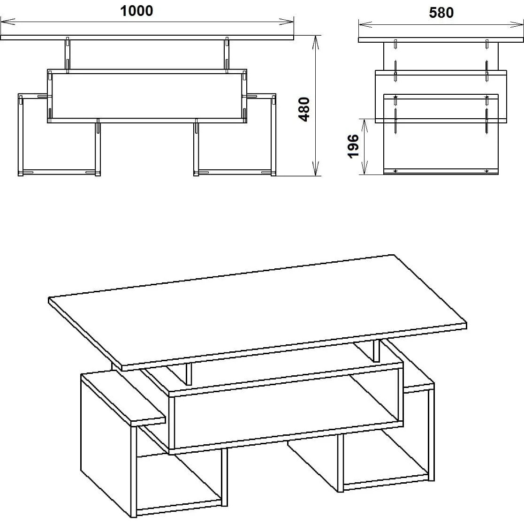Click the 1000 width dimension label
pos(137,11)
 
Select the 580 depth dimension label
pos(441,12)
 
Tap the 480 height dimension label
pos(304,109)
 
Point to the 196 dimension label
pos(353,146)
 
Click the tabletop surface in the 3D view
pos(258,309)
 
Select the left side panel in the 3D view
pos(107,444)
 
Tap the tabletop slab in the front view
pos(147,38)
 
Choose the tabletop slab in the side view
pos(441,40)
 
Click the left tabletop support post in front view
pos(68,55)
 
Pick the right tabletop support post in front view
pos(227,55)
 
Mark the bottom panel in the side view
pos(441,171)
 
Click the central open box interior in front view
pos(147,96)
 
